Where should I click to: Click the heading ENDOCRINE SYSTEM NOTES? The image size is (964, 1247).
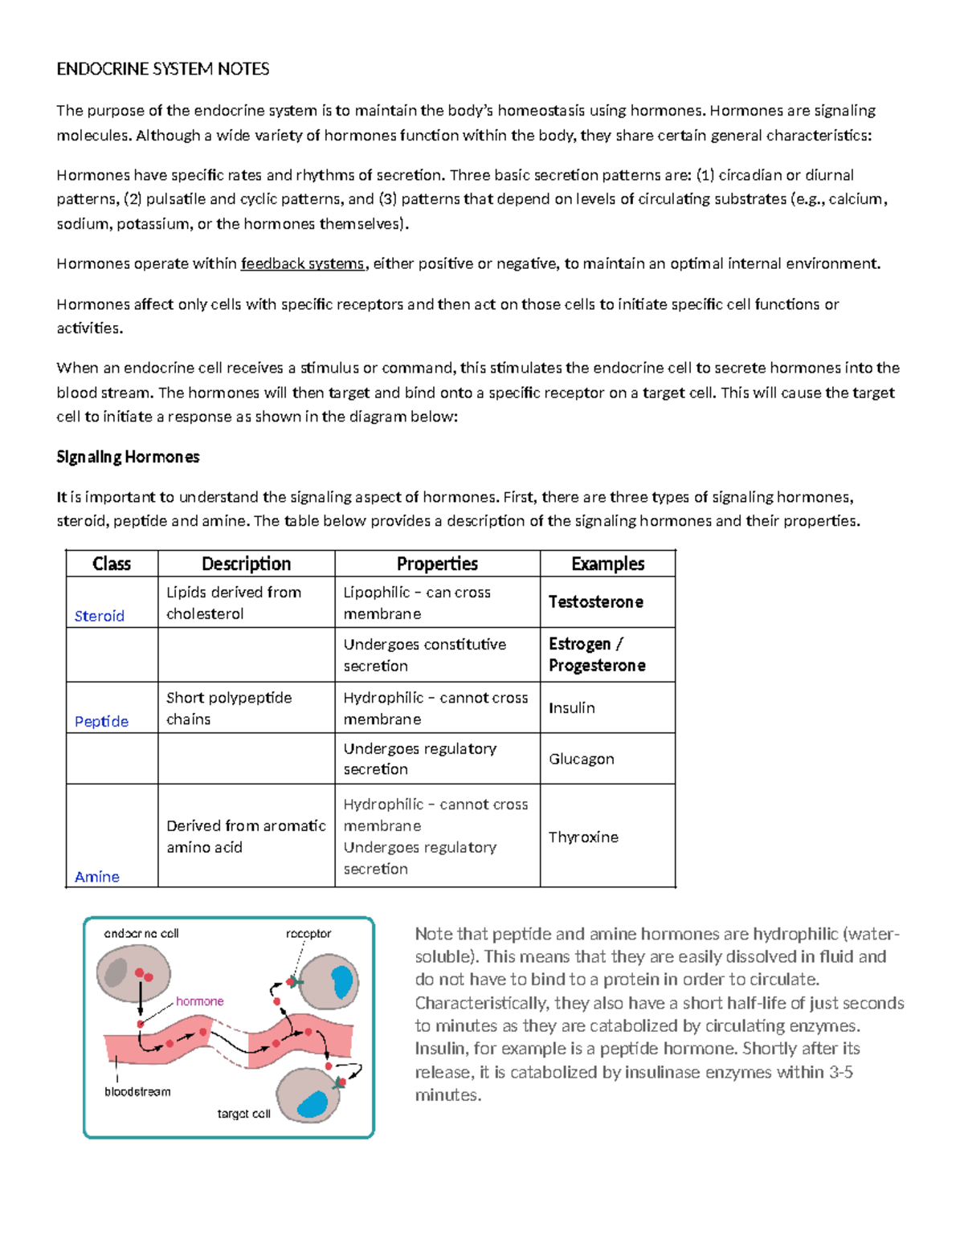[x=162, y=69]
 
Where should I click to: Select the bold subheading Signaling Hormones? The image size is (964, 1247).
[x=128, y=457]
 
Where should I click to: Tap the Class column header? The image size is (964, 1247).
[x=112, y=564]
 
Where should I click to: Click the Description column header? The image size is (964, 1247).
[x=246, y=564]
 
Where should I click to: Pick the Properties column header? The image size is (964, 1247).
[x=437, y=564]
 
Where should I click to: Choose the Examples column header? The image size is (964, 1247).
[x=607, y=564]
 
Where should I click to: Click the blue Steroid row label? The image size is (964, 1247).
[x=100, y=616]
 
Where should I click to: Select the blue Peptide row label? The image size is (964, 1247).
[x=101, y=721]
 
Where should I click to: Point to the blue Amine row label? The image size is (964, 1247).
[x=97, y=877]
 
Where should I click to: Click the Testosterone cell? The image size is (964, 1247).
[x=595, y=601]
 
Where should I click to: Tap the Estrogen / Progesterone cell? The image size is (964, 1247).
[x=597, y=654]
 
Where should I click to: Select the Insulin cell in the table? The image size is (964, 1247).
[x=572, y=707]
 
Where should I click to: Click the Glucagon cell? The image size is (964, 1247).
[x=581, y=759]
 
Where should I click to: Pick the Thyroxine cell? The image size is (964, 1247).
[x=583, y=837]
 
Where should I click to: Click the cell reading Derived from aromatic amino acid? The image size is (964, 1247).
[x=246, y=836]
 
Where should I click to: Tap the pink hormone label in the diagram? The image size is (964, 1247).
[x=199, y=1001]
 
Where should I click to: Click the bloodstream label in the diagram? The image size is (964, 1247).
[x=137, y=1091]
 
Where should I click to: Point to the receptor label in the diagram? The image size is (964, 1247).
[x=308, y=933]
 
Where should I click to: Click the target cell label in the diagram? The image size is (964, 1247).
[x=243, y=1114]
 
